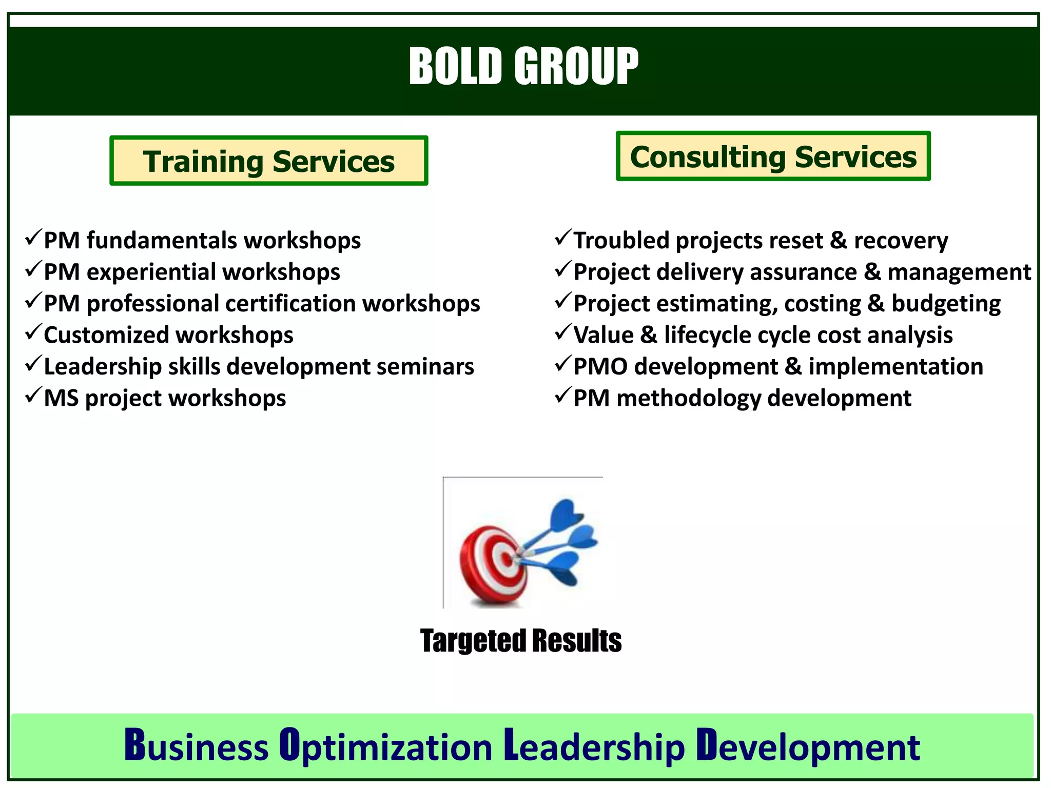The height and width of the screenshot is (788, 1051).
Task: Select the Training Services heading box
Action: [268, 161]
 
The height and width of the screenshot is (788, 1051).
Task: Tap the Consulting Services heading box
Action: [773, 156]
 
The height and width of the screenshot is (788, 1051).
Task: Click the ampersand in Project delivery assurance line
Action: [872, 272]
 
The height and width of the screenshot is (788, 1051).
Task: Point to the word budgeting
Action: [946, 304]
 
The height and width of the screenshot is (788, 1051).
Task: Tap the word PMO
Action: [600, 367]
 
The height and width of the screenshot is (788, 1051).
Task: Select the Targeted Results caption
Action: [520, 641]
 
